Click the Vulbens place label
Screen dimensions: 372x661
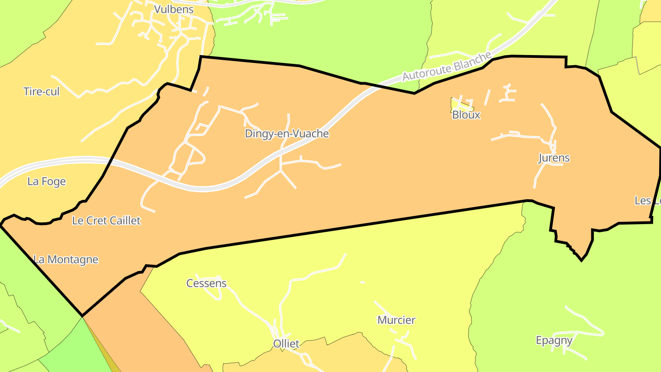[x=174, y=9]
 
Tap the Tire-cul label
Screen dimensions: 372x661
[x=41, y=91]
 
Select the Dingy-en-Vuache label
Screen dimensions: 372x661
[x=286, y=134]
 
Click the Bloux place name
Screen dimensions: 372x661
[x=466, y=115]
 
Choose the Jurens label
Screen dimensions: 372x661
[x=554, y=158]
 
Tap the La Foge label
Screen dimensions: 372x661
[x=46, y=181]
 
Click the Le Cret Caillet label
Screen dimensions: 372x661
[x=106, y=220]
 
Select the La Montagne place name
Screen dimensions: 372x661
[x=66, y=259]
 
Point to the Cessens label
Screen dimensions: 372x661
[x=206, y=283]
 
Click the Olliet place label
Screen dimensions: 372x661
[x=286, y=344]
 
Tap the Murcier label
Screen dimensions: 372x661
[x=396, y=320]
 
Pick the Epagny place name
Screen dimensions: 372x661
[x=554, y=340]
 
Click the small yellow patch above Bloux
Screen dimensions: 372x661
[x=456, y=104]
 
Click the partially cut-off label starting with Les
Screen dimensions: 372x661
[x=648, y=201]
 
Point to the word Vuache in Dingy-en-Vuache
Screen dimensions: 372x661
[x=313, y=134]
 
